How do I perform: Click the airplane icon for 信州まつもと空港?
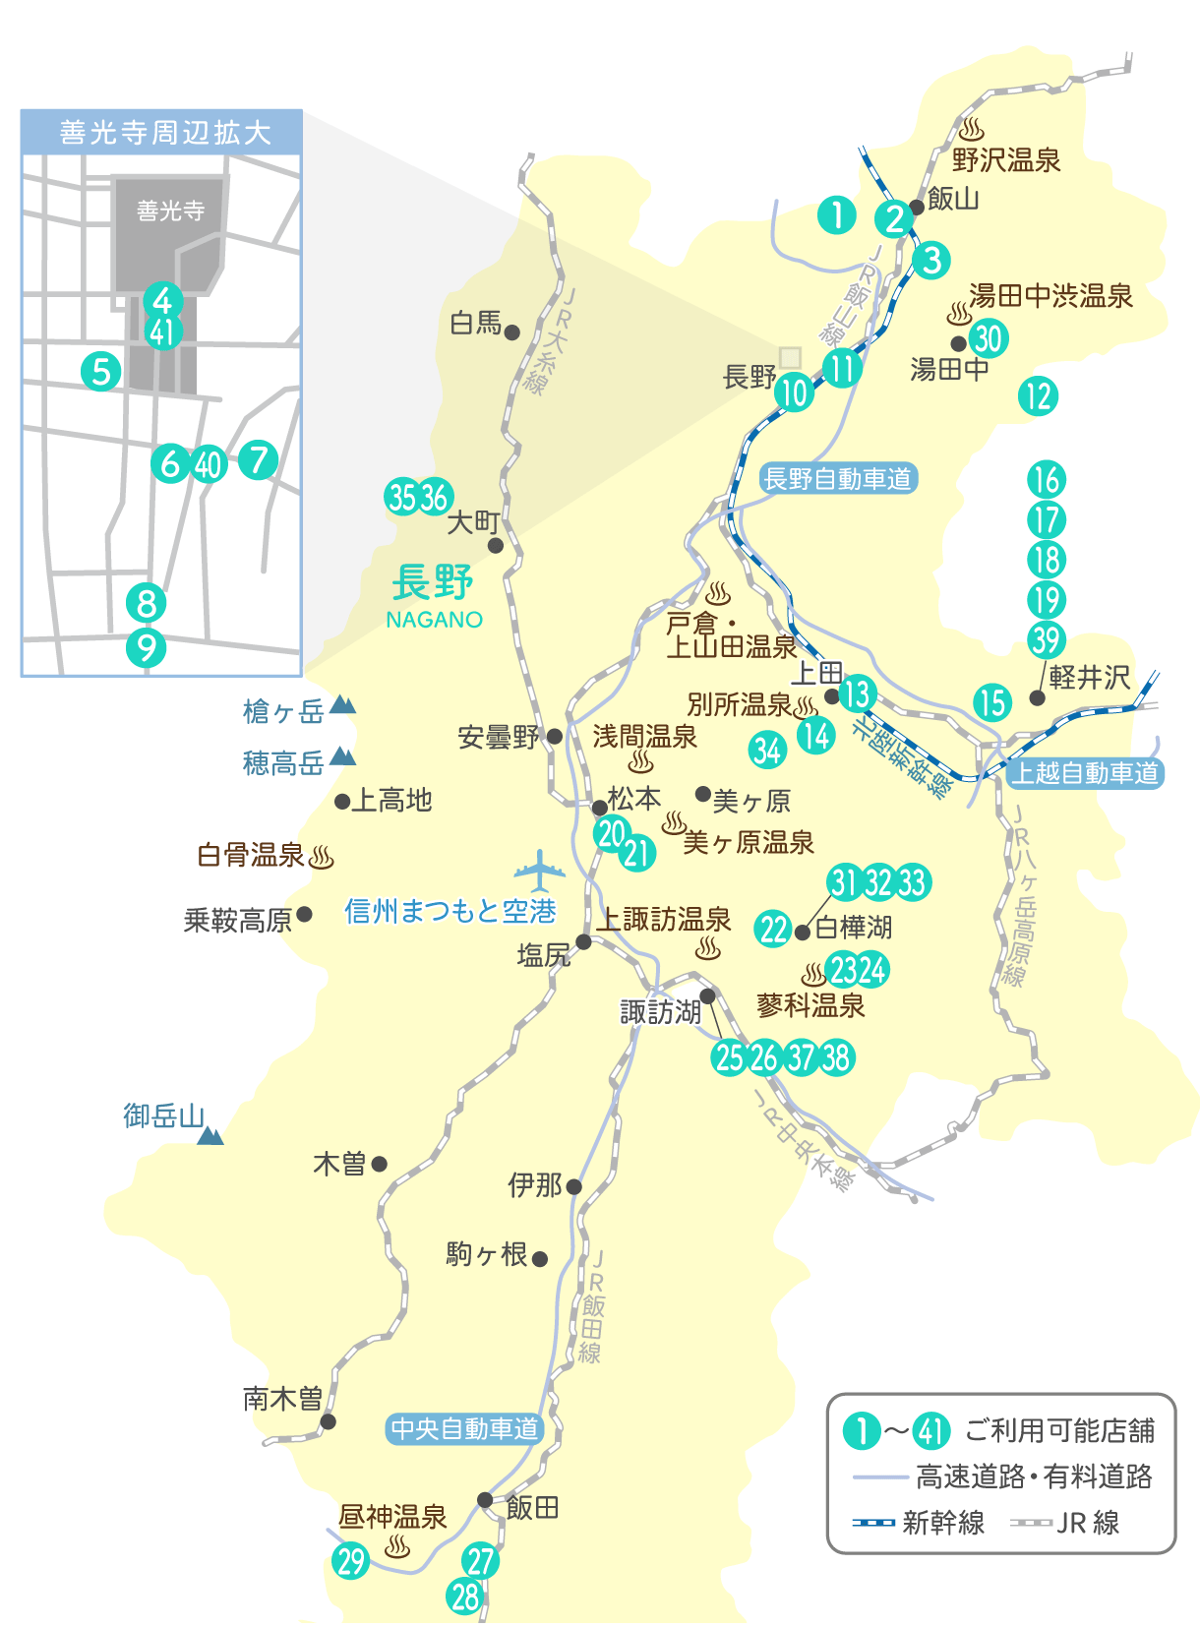[x=539, y=870]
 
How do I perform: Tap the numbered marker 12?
[x=1038, y=396]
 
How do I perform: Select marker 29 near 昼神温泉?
[x=351, y=1560]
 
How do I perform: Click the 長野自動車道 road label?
[x=838, y=479]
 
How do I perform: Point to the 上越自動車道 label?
[x=1086, y=773]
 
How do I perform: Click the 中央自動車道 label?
[x=464, y=1428]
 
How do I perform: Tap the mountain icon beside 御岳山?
[x=210, y=1136]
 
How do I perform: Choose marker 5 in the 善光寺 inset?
[x=101, y=372]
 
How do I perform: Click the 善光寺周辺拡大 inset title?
[x=162, y=133]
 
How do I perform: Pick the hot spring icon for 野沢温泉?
[x=972, y=130]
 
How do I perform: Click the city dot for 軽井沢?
[x=1036, y=697]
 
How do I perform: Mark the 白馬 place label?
[x=476, y=323]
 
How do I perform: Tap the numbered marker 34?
[x=767, y=751]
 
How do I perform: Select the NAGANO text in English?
[x=434, y=620]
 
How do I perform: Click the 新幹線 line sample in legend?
[x=873, y=1523]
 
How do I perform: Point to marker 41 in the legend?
[x=930, y=1430]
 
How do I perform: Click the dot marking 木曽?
[x=380, y=1164]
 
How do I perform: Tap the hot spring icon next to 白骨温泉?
[x=322, y=857]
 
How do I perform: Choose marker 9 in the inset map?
[x=147, y=647]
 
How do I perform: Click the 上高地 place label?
[x=391, y=801]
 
